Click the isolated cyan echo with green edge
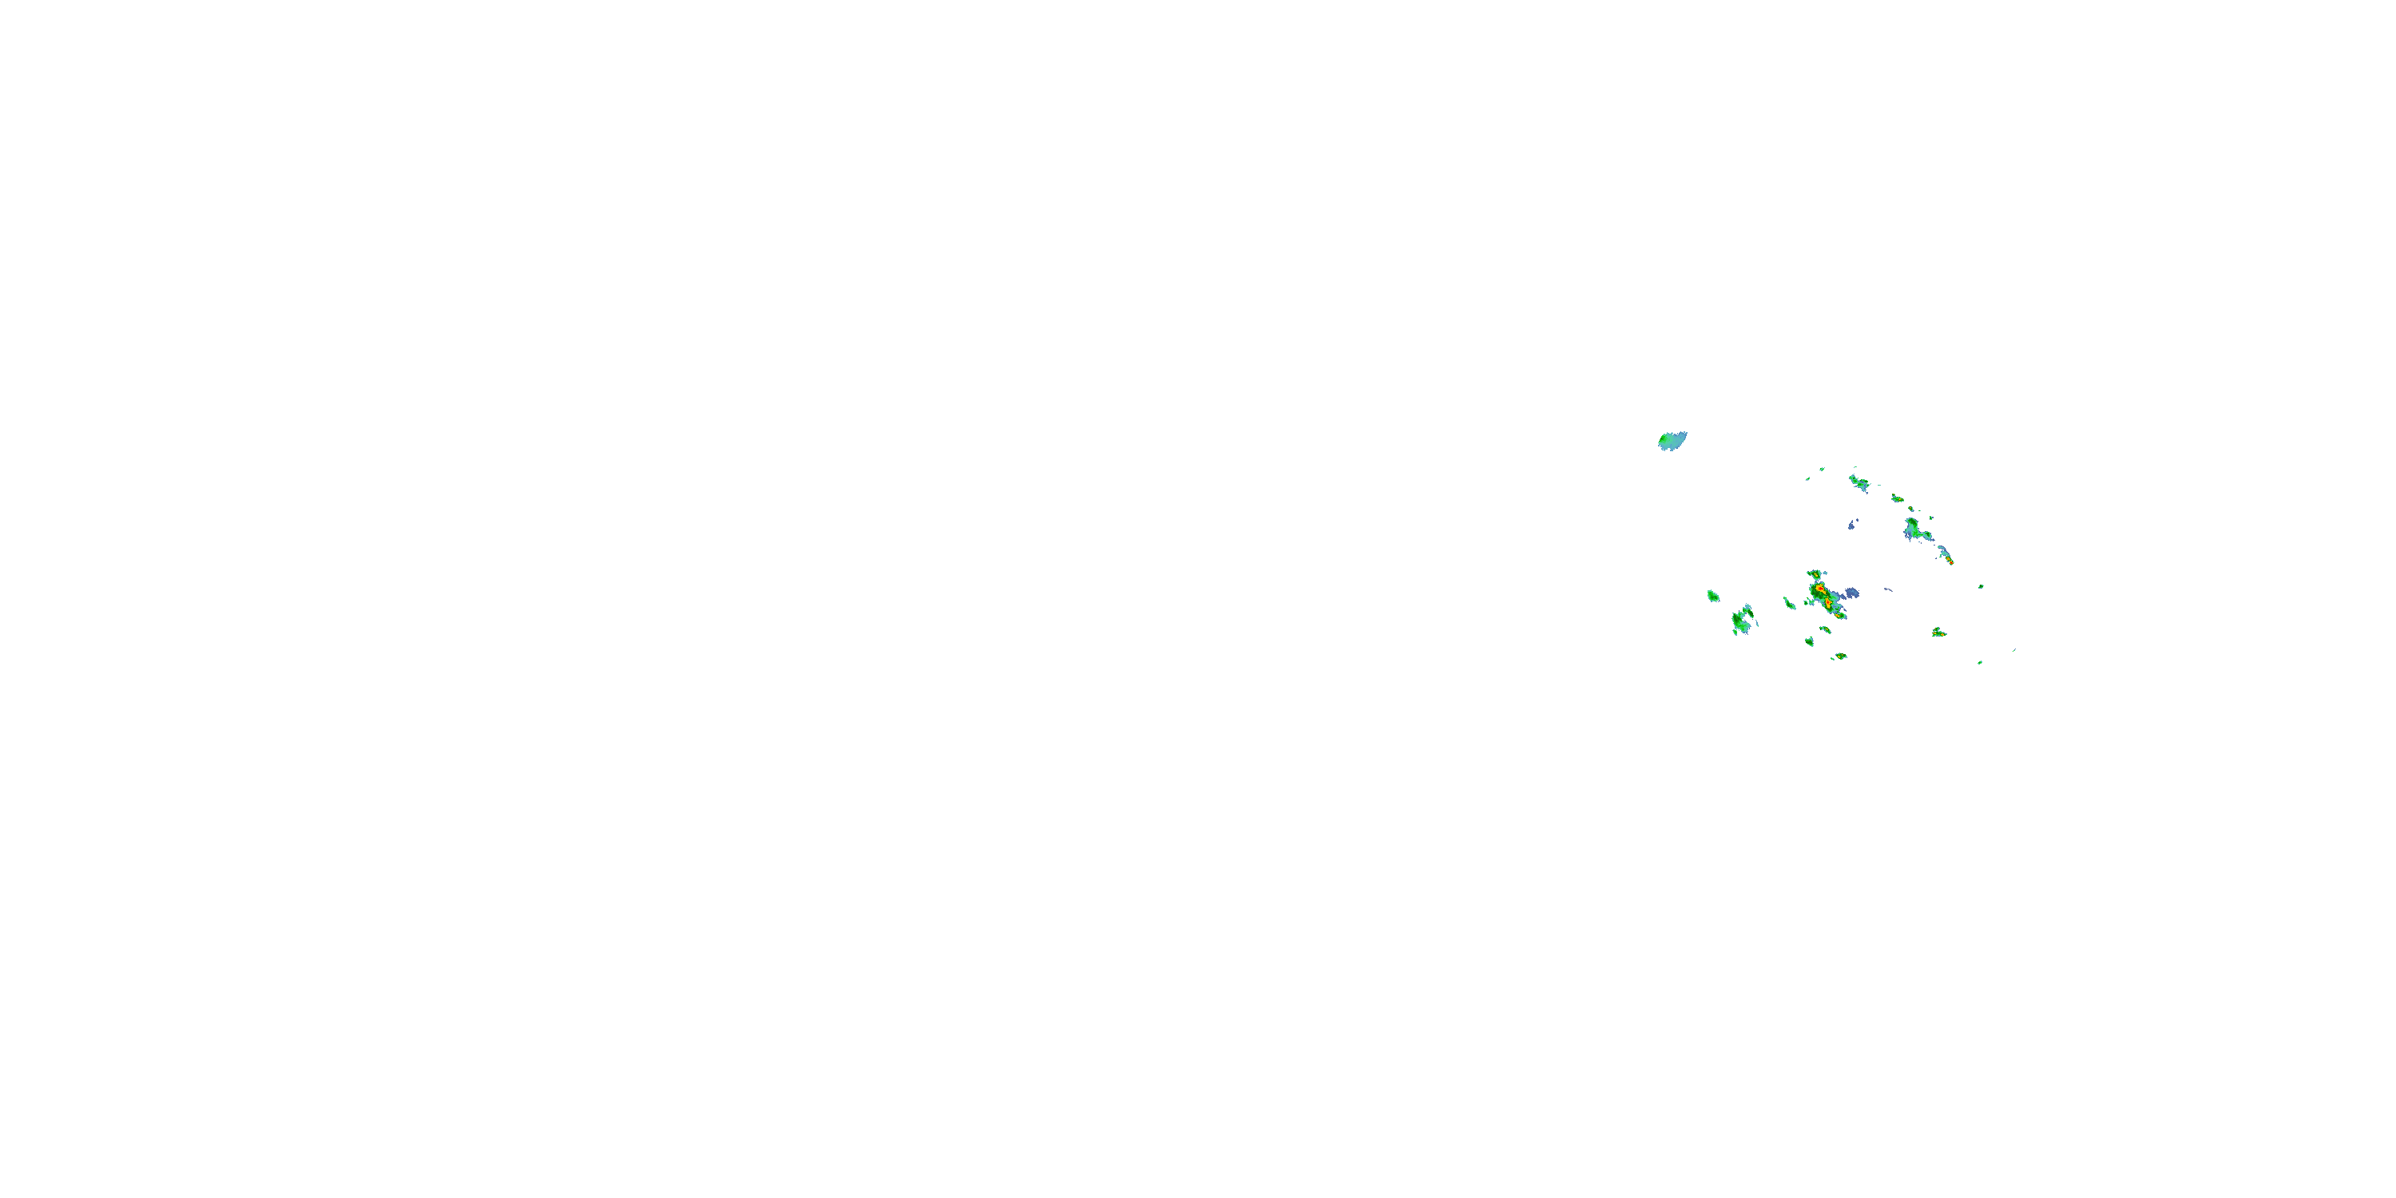pyautogui.click(x=1672, y=441)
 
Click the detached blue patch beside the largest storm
pyautogui.click(x=1852, y=593)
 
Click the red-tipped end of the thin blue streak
pyautogui.click(x=1950, y=561)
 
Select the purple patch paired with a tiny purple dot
pyautogui.click(x=1852, y=525)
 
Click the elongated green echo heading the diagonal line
pyautogui.click(x=1858, y=482)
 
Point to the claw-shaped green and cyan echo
pyautogui.click(x=1741, y=620)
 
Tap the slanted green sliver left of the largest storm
pyautogui.click(x=1789, y=603)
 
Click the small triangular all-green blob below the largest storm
pyautogui.click(x=1810, y=642)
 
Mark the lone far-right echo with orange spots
pyautogui.click(x=1938, y=633)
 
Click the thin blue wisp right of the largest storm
pyautogui.click(x=1887, y=589)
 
